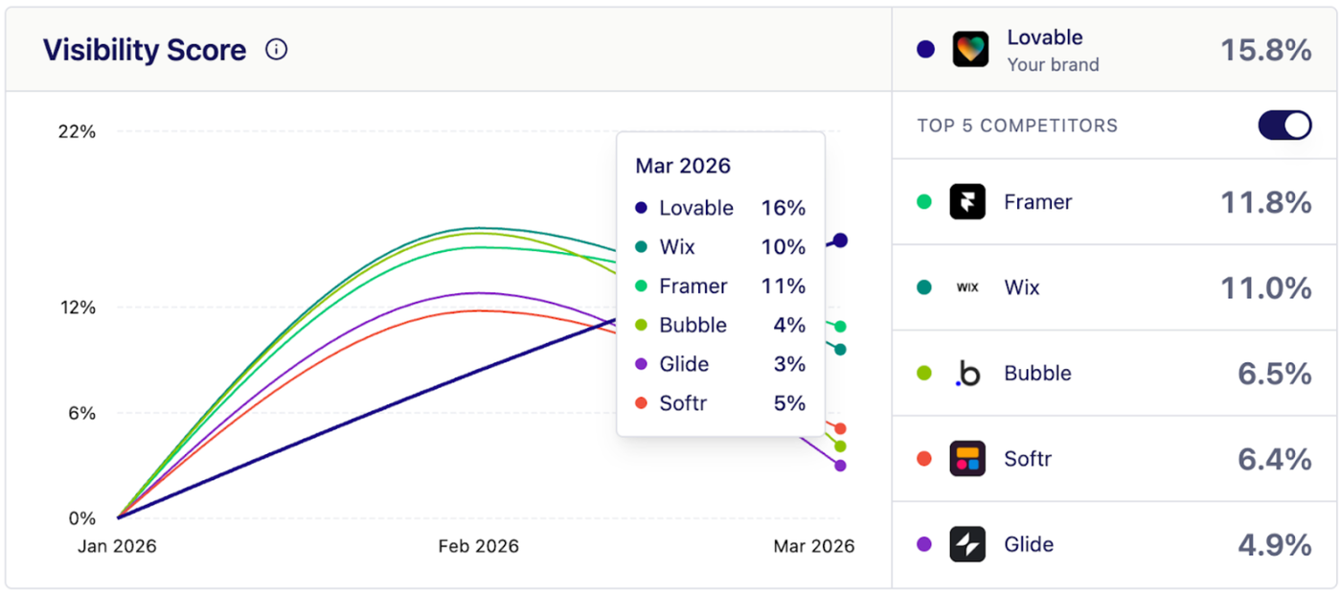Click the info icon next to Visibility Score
(276, 50)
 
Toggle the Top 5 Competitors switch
(1284, 126)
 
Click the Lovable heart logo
(970, 49)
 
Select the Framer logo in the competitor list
(967, 202)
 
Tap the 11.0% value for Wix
(1265, 287)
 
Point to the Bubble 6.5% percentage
(1274, 374)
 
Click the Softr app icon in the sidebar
(967, 459)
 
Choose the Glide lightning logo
(967, 544)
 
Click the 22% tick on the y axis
(78, 132)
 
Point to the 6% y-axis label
(80, 414)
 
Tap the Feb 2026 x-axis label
(478, 546)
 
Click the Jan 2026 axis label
(116, 546)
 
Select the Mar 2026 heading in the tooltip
(683, 166)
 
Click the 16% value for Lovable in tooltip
(783, 208)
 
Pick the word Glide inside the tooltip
(684, 364)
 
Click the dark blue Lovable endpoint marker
(840, 240)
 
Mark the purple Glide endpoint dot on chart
(840, 466)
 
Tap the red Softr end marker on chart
(840, 428)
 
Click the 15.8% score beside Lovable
(1265, 50)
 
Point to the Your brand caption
(1053, 65)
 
